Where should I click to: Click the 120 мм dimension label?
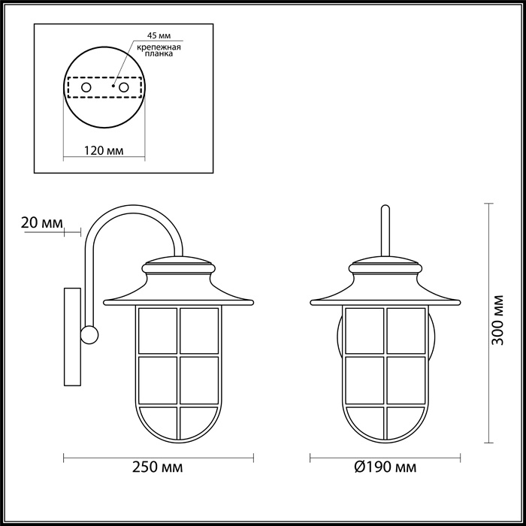(x=104, y=151)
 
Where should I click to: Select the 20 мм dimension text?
(x=41, y=222)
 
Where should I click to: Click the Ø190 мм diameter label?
(x=384, y=467)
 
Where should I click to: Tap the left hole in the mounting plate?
(x=86, y=88)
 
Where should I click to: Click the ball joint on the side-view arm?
(x=90, y=334)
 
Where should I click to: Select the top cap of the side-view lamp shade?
(x=179, y=265)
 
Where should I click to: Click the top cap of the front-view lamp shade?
(x=385, y=265)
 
